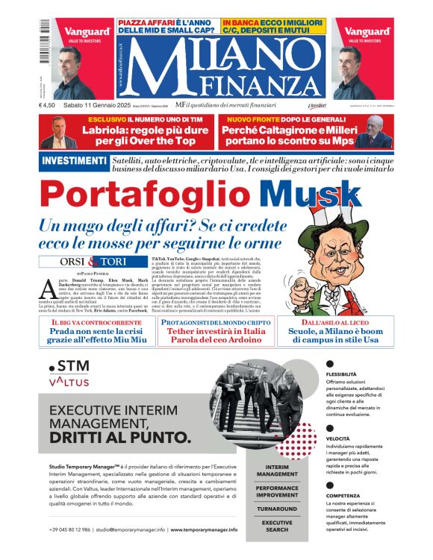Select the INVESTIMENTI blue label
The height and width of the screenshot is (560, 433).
pyautogui.click(x=73, y=161)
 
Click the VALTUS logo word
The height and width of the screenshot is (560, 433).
pyautogui.click(x=69, y=382)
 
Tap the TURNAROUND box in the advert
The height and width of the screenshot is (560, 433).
pyautogui.click(x=277, y=508)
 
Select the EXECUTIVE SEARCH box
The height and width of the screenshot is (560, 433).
pyautogui.click(x=277, y=527)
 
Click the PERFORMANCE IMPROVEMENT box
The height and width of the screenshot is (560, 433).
pyautogui.click(x=277, y=489)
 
